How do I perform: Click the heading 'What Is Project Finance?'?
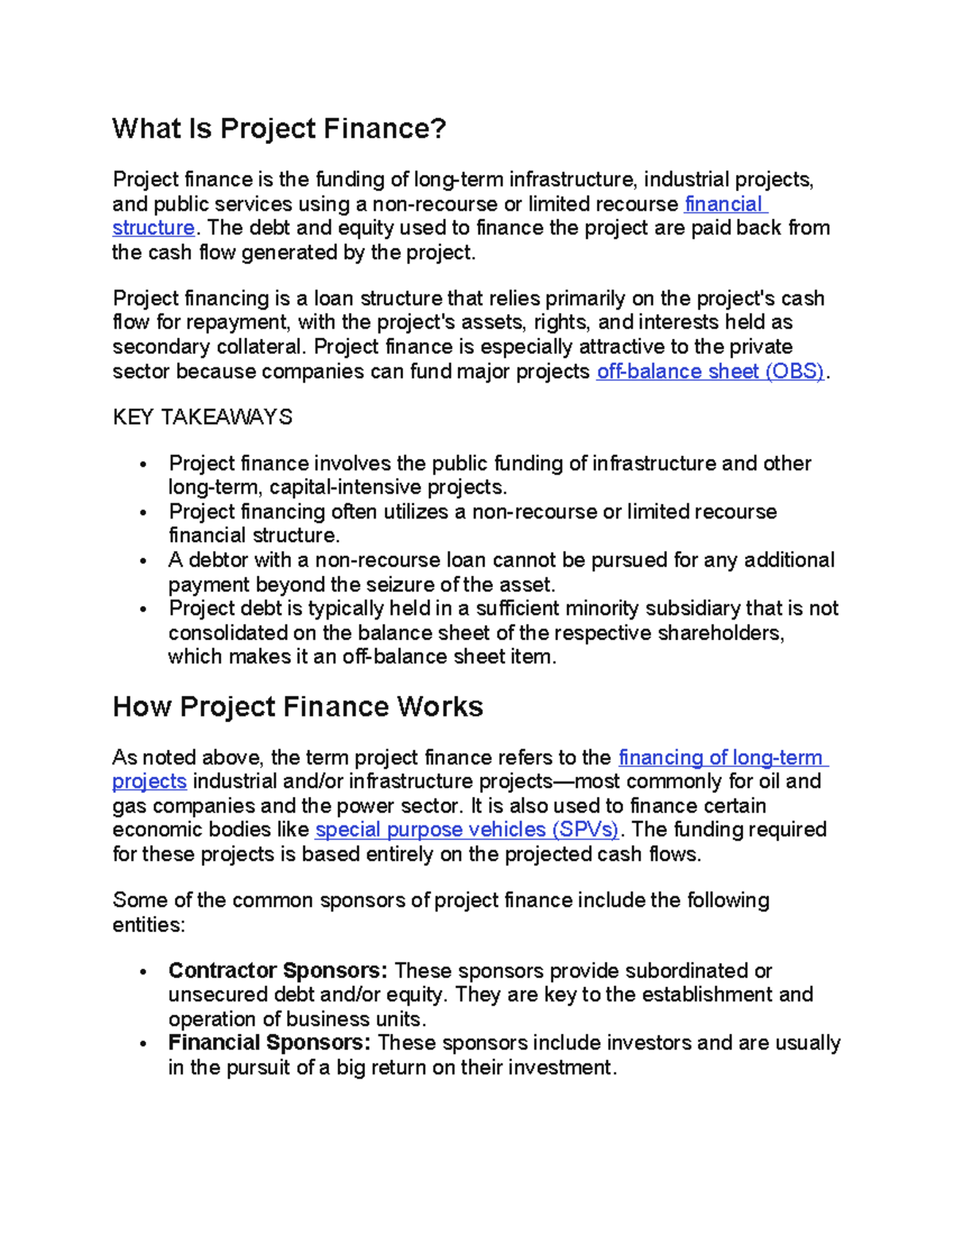coord(279,128)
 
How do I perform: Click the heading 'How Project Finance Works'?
coord(297,706)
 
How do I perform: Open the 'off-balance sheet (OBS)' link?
coord(711,371)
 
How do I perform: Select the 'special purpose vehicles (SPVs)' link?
coord(467,829)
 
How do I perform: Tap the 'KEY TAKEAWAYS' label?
coord(202,417)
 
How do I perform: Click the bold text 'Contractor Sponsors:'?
coord(277,971)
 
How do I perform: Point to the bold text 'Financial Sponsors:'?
coord(270,1043)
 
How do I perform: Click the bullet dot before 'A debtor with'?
coord(143,561)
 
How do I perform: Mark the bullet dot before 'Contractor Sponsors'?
coord(143,972)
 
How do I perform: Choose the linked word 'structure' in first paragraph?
coord(153,228)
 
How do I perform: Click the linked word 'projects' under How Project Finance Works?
coord(149,782)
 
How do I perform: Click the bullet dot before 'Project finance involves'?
coord(143,464)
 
